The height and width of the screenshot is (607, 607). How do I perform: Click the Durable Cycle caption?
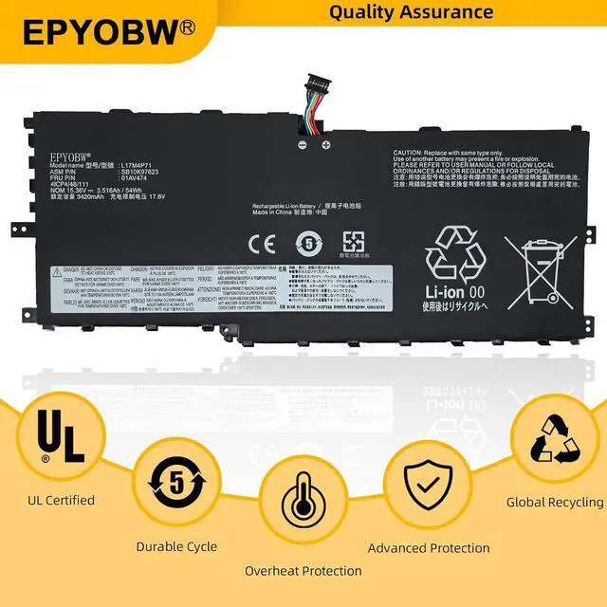click(176, 547)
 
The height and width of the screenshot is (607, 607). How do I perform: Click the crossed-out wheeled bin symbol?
click(539, 263)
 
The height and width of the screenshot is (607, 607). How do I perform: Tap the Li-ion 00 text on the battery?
click(457, 292)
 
